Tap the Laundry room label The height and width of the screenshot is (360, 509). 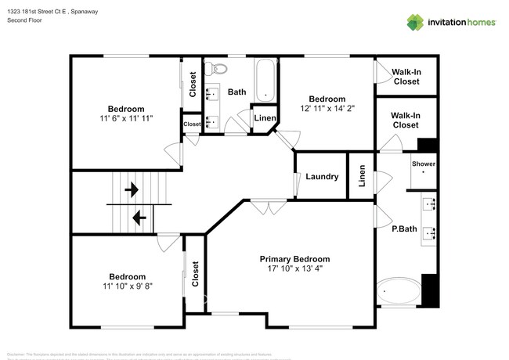pos(322,177)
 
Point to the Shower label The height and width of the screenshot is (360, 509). pos(424,164)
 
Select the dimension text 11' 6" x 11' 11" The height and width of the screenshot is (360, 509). pos(126,119)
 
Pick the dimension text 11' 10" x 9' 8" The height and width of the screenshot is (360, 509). pos(127,286)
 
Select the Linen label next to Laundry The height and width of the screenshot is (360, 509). pos(362,177)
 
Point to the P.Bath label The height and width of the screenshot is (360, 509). pos(403,229)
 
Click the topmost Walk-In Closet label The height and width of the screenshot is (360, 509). pos(406,76)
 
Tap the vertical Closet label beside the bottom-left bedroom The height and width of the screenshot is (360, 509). pos(195,275)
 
